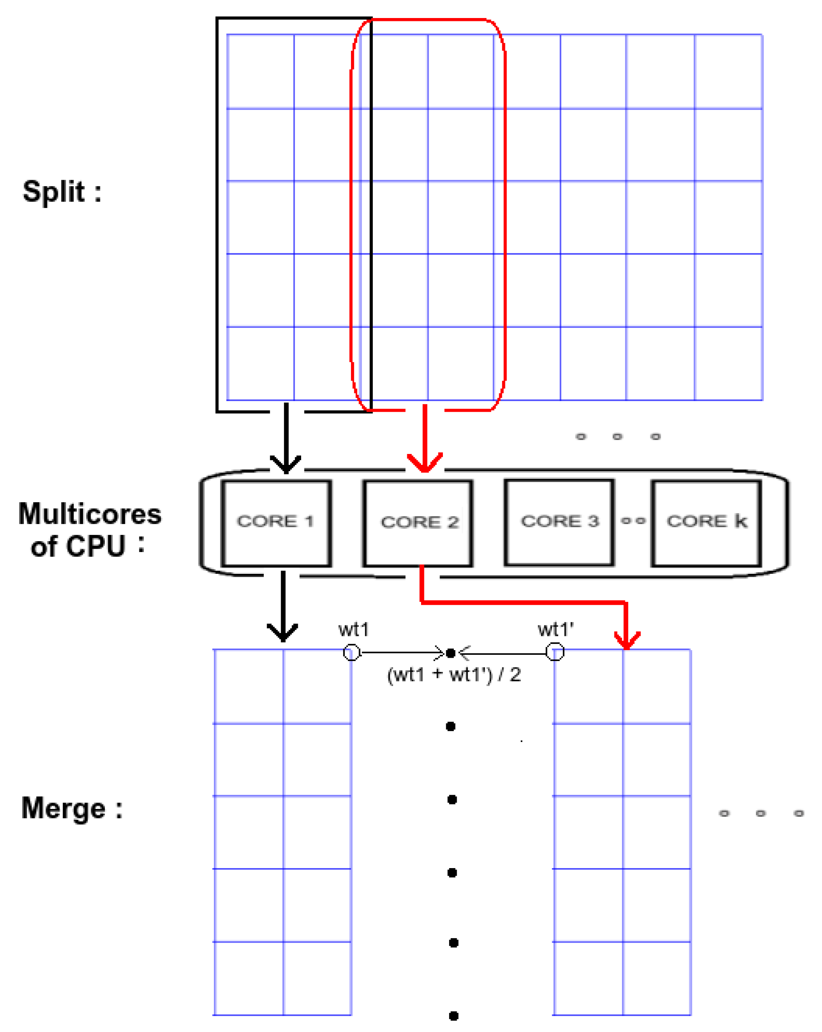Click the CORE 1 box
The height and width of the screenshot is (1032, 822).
pyautogui.click(x=276, y=523)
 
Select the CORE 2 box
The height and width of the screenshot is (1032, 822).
pyautogui.click(x=418, y=523)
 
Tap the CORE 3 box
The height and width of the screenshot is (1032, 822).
pyautogui.click(x=559, y=522)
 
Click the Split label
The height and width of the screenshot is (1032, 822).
pyautogui.click(x=62, y=192)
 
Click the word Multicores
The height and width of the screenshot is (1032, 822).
pyautogui.click(x=90, y=514)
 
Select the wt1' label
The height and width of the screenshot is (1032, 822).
pyautogui.click(x=556, y=630)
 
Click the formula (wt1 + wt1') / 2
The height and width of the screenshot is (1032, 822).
pyautogui.click(x=454, y=674)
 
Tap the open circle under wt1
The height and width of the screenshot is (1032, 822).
pyautogui.click(x=351, y=652)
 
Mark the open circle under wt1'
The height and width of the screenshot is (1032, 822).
pyautogui.click(x=555, y=652)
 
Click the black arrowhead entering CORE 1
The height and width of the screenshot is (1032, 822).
pyautogui.click(x=286, y=463)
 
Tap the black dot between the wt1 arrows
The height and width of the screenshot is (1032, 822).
pyautogui.click(x=450, y=653)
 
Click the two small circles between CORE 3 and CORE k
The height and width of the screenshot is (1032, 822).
pyautogui.click(x=633, y=521)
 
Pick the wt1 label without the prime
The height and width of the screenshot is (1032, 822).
pyautogui.click(x=354, y=630)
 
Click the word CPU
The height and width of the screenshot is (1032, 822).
pyautogui.click(x=95, y=547)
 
